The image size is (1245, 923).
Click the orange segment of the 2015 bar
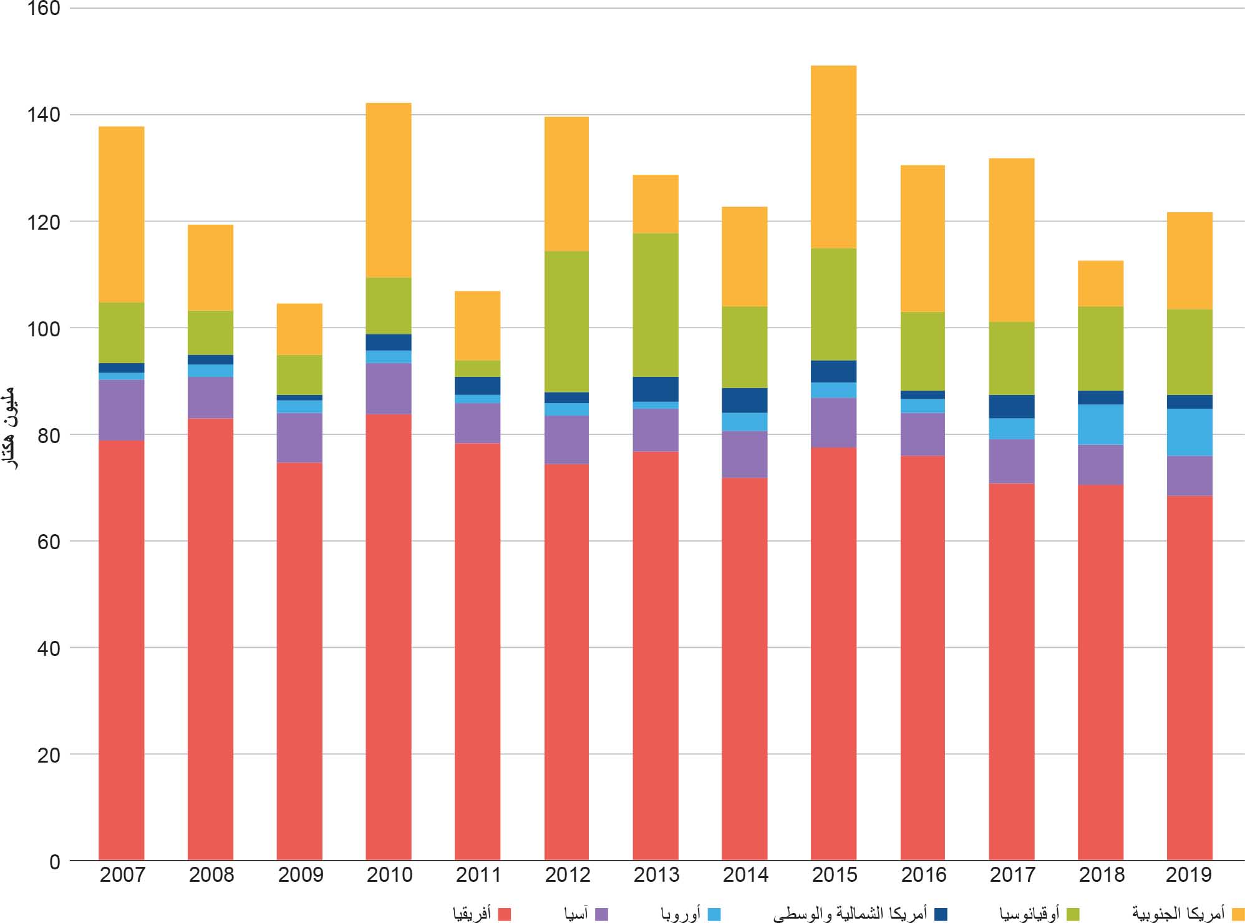[833, 157]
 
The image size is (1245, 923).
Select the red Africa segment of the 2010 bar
[388, 637]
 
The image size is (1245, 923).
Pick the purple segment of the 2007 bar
[122, 410]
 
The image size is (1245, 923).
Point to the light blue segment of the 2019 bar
[1189, 432]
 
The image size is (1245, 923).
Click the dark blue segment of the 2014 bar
[744, 400]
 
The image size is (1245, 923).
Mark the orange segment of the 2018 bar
[1100, 283]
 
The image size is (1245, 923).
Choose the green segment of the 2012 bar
[566, 321]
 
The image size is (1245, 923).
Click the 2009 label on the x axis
[300, 875]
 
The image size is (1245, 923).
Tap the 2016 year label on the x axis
[923, 875]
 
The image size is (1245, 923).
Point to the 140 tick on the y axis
[44, 115]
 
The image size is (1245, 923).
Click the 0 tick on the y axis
[55, 862]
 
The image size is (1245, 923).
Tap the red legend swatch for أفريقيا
[505, 914]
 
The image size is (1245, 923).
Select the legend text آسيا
[576, 914]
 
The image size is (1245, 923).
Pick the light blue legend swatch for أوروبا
[714, 914]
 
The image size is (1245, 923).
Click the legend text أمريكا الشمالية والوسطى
[850, 914]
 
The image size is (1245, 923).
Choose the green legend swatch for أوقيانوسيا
[1073, 914]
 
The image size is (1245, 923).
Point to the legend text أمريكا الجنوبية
[1179, 914]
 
